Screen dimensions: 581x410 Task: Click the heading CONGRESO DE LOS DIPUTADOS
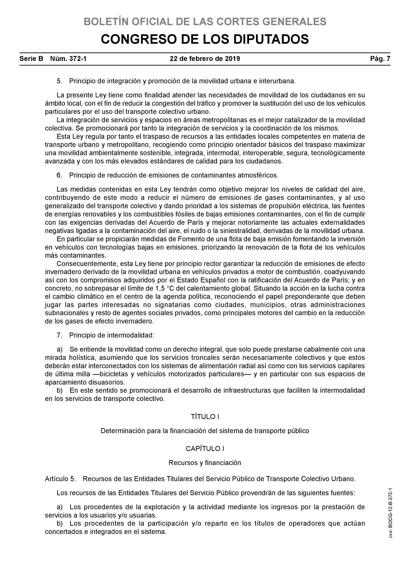point(205,39)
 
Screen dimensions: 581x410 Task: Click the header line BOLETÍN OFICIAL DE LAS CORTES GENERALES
point(205,22)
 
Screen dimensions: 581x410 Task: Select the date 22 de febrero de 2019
point(205,59)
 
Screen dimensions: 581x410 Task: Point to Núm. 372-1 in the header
point(68,59)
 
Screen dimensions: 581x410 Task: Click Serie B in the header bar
point(31,59)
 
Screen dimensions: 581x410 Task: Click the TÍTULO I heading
point(205,417)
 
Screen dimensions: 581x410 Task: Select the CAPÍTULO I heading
point(205,449)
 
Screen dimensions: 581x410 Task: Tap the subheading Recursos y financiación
point(205,463)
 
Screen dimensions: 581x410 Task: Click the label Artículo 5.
point(60,479)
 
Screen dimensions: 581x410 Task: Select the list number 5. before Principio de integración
point(59,81)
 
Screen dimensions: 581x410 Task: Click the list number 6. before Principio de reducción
point(59,175)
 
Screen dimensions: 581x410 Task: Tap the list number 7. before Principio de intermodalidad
point(59,335)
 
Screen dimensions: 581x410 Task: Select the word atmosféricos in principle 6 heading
point(258,175)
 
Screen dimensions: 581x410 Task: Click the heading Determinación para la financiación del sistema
point(205,431)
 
